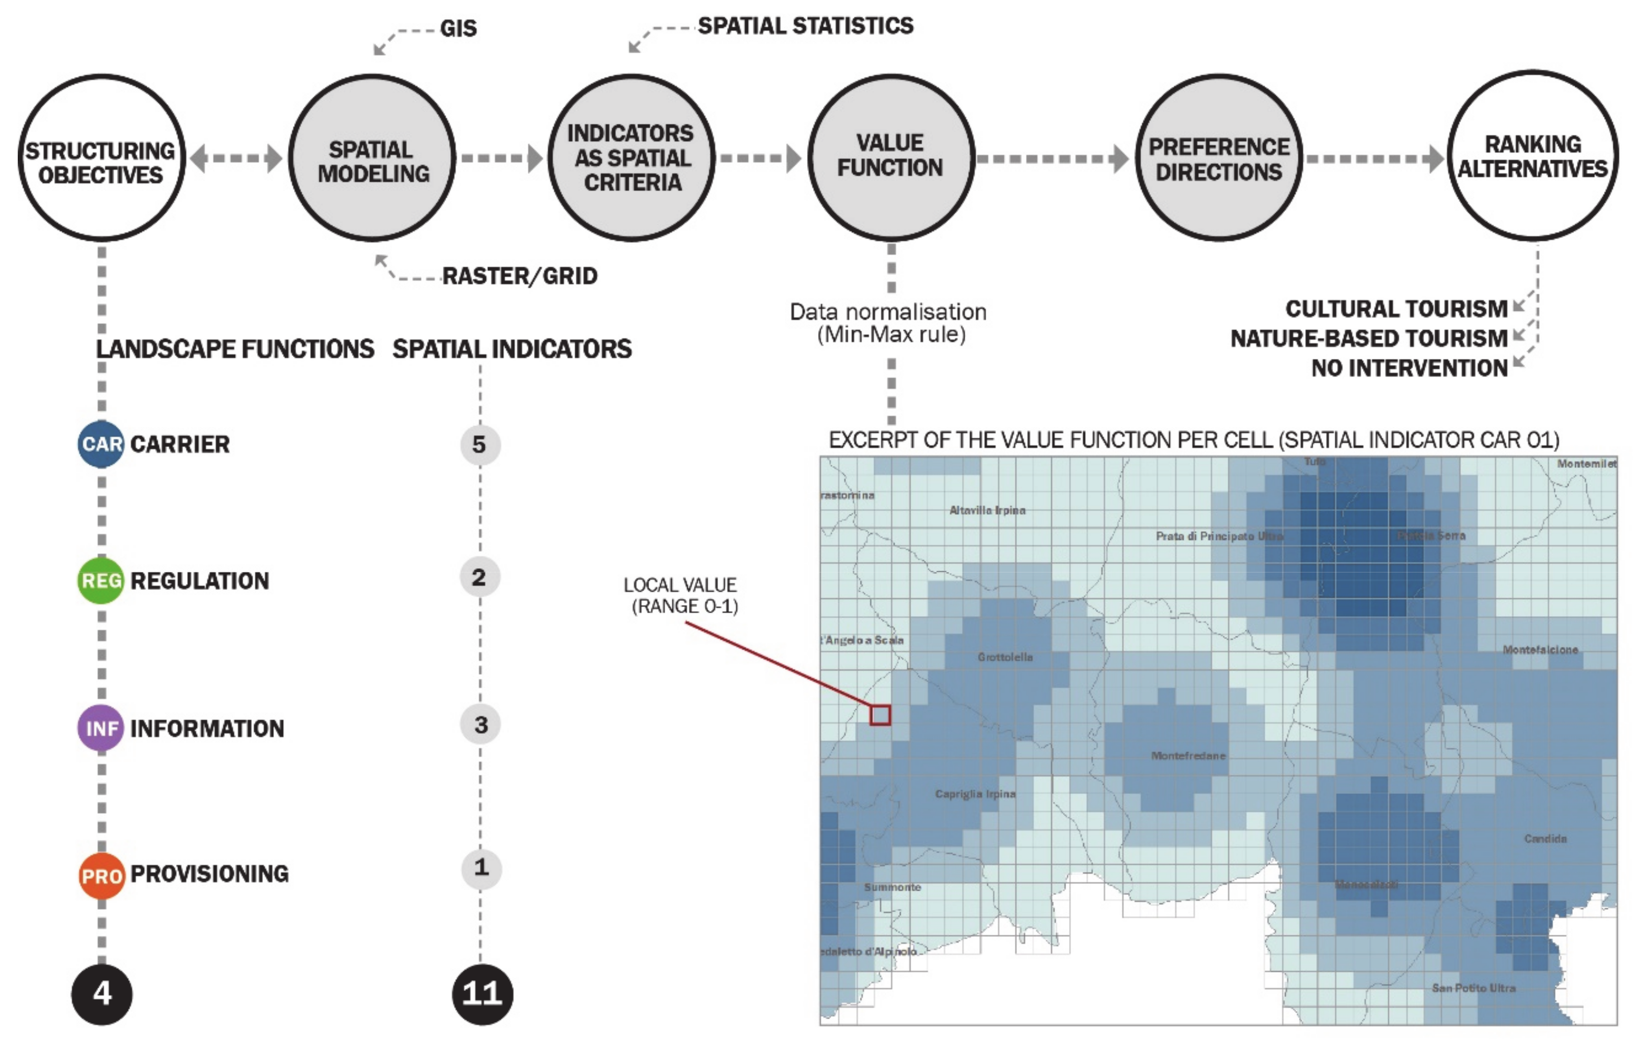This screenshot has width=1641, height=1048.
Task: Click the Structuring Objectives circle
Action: [x=102, y=158]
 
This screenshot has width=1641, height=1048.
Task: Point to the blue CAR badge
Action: [x=101, y=444]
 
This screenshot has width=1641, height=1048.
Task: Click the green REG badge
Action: [x=101, y=581]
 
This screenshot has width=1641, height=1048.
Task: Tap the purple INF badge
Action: [x=101, y=728]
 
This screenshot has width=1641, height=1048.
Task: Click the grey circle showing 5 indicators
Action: [x=480, y=445]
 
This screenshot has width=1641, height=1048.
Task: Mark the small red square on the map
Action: [x=880, y=715]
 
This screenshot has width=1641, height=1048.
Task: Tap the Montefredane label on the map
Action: [x=1188, y=756]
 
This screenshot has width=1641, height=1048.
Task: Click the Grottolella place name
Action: [x=1005, y=657]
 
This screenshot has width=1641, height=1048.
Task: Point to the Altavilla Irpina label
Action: [x=987, y=511]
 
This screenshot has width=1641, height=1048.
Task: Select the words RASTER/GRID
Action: [x=520, y=276]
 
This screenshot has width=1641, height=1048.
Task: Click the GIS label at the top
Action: [x=458, y=29]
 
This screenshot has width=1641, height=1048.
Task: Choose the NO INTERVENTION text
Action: [x=1409, y=368]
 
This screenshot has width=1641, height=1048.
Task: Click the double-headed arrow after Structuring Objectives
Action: [x=236, y=158]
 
